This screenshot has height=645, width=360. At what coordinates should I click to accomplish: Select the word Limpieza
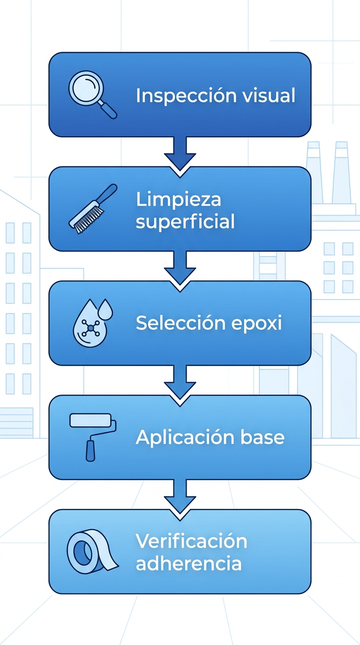[x=179, y=200]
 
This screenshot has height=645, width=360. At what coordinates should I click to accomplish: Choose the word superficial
[x=185, y=221]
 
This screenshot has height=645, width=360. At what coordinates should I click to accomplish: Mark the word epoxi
[x=262, y=323]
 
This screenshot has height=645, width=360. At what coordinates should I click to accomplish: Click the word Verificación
[x=191, y=541]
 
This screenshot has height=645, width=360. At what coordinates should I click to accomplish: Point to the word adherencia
[x=188, y=563]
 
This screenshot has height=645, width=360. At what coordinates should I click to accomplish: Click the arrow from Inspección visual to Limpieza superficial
[x=180, y=154]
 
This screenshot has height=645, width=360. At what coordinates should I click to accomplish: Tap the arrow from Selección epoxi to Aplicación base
[x=180, y=382]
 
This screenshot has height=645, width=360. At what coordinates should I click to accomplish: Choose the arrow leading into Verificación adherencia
[x=180, y=496]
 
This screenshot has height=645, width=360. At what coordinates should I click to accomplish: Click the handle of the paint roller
[x=90, y=450]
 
